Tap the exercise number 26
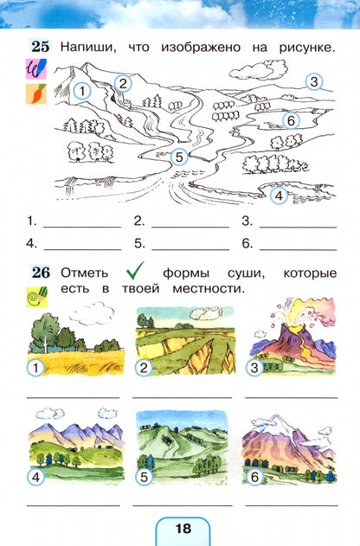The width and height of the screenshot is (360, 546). (40, 273)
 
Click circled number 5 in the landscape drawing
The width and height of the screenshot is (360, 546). (179, 157)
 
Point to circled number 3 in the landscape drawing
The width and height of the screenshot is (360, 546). (314, 82)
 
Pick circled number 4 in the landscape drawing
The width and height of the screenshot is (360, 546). (278, 196)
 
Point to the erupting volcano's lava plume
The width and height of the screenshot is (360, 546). (282, 319)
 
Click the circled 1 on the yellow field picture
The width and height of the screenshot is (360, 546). (35, 368)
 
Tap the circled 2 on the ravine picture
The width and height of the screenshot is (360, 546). (144, 368)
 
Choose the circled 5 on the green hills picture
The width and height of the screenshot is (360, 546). (144, 475)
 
